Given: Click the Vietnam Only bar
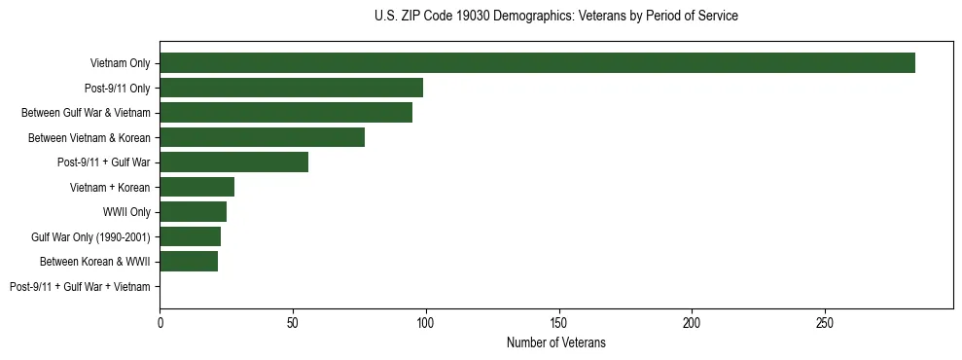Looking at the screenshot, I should pyautogui.click(x=537, y=63).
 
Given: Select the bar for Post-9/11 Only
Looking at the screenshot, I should pyautogui.click(x=291, y=89).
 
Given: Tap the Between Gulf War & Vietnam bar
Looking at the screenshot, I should pyautogui.click(x=286, y=113).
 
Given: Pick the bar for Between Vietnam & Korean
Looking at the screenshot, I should pyautogui.click(x=262, y=137).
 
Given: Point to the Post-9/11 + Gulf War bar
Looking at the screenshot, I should pyautogui.click(x=233, y=162).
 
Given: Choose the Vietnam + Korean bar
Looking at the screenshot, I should pyautogui.click(x=196, y=187).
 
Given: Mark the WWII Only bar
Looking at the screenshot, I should pyautogui.click(x=193, y=212).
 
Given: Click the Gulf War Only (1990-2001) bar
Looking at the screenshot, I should pyautogui.click(x=190, y=236).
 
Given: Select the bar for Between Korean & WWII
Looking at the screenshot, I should pyautogui.click(x=189, y=262).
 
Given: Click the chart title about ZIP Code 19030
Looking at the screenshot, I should pyautogui.click(x=555, y=17).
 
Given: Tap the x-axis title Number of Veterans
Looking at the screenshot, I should pyautogui.click(x=555, y=343).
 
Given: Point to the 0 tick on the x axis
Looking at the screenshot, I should pyautogui.click(x=160, y=322).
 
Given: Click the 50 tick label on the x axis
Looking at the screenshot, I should pyautogui.click(x=293, y=322).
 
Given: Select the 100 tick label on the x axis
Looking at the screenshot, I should pyautogui.click(x=426, y=322).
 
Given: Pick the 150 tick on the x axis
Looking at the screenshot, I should pyautogui.click(x=558, y=322).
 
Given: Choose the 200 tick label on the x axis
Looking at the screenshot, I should pyautogui.click(x=692, y=322).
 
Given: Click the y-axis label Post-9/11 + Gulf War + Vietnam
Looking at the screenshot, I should pyautogui.click(x=80, y=287).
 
